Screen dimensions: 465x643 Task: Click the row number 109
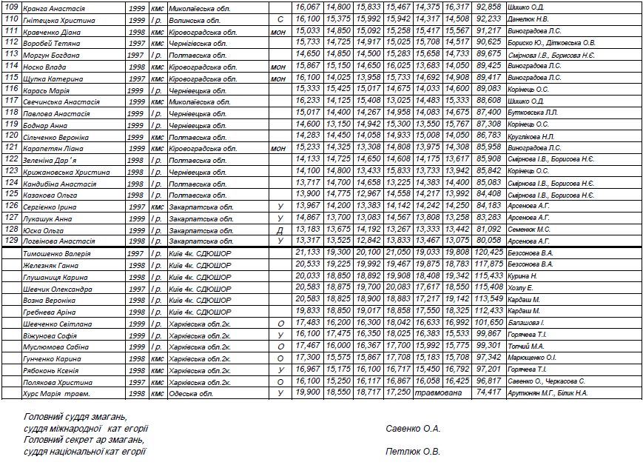[11, 8]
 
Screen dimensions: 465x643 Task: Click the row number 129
[11, 241]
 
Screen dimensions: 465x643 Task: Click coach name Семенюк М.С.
[529, 230]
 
